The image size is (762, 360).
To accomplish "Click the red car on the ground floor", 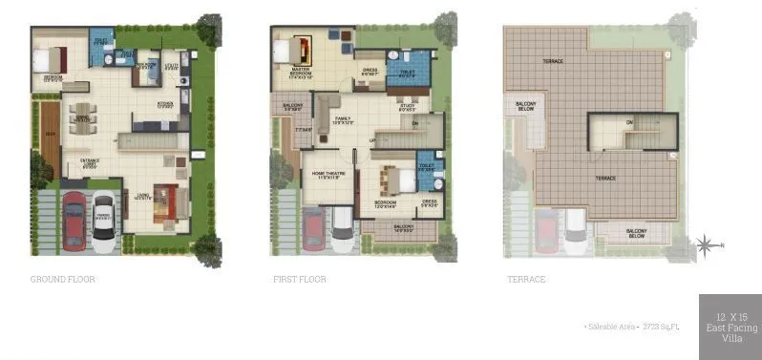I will tap(74, 222).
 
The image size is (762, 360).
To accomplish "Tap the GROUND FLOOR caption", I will tap(63, 280).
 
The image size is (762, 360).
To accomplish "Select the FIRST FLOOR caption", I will tap(299, 280).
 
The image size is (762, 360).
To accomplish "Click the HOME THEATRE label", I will tap(328, 173).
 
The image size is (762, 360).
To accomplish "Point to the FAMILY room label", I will tap(343, 119).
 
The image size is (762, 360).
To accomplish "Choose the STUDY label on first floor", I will tap(407, 107).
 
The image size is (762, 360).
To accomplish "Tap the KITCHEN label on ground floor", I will tap(165, 104).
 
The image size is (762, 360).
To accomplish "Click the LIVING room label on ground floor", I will tap(142, 195).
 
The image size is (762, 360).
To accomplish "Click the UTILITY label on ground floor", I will tap(173, 68).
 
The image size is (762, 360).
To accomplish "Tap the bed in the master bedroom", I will tap(305, 49).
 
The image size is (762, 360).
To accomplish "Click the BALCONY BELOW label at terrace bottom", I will tap(637, 232).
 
